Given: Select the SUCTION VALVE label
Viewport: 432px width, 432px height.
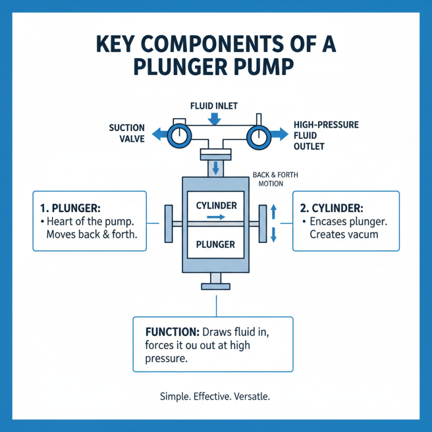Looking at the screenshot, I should tap(127, 133).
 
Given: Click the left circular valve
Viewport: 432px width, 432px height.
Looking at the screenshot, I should tap(177, 134).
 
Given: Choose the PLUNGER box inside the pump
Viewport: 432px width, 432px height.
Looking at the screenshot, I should tap(215, 244).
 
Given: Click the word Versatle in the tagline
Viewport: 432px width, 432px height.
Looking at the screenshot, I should tap(251, 396).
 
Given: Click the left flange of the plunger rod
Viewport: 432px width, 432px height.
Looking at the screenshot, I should tap(168, 223).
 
